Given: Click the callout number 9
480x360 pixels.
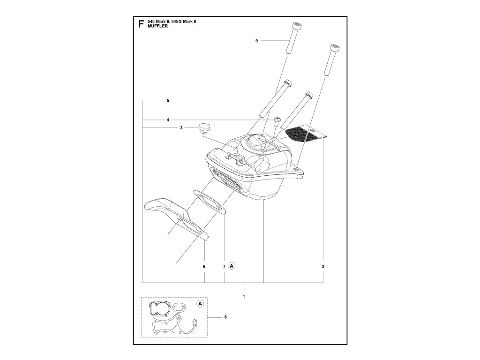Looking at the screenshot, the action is pos(257,41).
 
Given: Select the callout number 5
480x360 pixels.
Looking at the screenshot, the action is pos(167,101).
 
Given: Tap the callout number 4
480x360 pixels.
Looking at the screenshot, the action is pos(167,120).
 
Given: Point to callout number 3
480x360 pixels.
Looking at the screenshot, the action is pos(181,128).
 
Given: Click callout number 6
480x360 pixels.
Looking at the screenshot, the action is pos(204,266).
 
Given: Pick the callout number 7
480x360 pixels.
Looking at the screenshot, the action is pos(225,266).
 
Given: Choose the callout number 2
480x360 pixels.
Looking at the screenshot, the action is pos(323,266).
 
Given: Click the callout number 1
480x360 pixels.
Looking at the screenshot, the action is pos(244,297).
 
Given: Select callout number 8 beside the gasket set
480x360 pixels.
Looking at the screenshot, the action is pos(225,317).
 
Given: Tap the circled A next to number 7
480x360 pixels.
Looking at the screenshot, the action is pos(232,266).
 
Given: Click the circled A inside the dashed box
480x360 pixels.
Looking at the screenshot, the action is pos(200,304).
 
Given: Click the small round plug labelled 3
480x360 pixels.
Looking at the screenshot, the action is pos(204,128).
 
